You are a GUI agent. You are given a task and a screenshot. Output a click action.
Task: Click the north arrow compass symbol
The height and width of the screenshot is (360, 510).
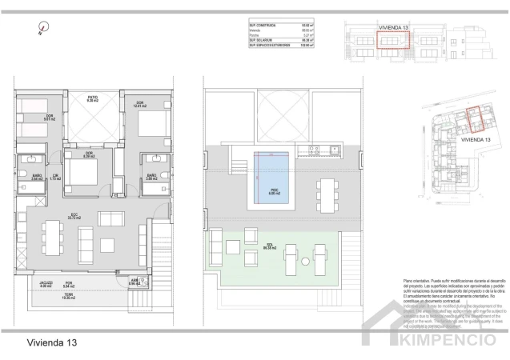click(x=39, y=30)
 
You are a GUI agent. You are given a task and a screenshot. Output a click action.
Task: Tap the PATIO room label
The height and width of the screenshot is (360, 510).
click(x=91, y=100)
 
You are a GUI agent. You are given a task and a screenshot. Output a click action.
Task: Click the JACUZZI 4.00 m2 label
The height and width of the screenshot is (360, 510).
click(x=46, y=284)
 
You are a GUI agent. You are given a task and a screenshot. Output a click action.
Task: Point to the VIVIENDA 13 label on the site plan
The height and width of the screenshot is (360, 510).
click(x=473, y=138)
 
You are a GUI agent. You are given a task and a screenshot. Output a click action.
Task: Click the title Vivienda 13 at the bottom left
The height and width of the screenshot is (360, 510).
click(x=50, y=342)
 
